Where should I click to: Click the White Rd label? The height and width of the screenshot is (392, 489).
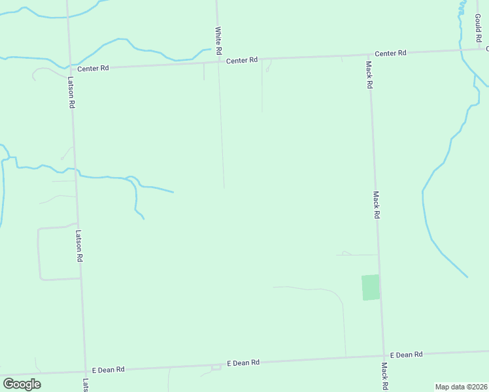pos(218,40)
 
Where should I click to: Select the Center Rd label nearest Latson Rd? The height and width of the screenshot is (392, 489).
pos(93,68)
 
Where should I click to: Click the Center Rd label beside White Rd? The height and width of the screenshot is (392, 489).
pos(242,61)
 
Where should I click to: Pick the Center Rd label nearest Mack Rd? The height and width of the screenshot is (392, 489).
pos(390,53)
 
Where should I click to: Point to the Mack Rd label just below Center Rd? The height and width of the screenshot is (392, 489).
pos(369,74)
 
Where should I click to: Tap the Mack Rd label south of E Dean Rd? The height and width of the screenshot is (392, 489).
pos(384,376)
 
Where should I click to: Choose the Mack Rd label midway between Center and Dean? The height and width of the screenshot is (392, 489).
pos(376,204)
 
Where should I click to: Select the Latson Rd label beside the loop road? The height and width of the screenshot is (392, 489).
pos(78,246)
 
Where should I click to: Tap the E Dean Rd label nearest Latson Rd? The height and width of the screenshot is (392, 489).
pos(108,370)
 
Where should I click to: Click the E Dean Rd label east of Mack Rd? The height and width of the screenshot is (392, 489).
pos(407,355)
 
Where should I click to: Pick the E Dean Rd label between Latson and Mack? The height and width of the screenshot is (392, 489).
pos(243,363)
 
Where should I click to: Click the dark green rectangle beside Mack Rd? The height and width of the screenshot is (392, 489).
pos(371,287)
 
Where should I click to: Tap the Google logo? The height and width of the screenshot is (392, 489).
pos(22,384)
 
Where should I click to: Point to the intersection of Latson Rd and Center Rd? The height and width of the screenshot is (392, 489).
pos(69,67)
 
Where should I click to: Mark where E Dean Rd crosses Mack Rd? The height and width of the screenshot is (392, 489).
pos(383,356)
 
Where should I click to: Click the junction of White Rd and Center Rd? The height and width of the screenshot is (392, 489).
pos(218,62)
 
